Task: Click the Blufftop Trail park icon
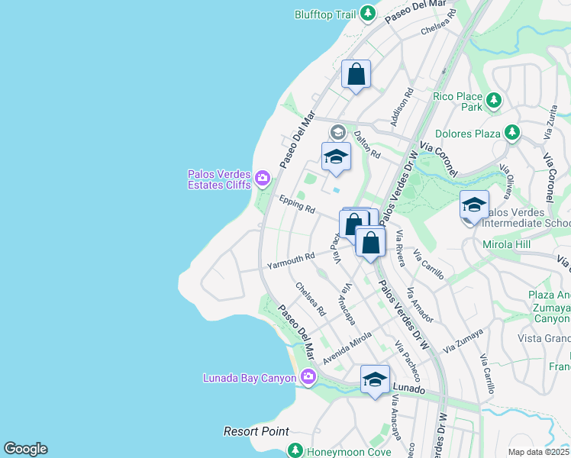click(x=368, y=14)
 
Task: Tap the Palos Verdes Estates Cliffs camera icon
click(x=263, y=179)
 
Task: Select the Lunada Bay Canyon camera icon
click(x=308, y=376)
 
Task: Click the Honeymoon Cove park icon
click(x=295, y=451)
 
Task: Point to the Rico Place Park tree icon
click(x=494, y=99)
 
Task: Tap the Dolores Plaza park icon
click(x=513, y=134)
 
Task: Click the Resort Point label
click(x=256, y=431)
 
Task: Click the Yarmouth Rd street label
click(x=290, y=261)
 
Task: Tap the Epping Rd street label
click(x=297, y=204)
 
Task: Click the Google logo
click(x=25, y=449)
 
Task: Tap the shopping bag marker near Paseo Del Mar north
click(x=356, y=75)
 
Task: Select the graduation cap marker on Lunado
click(x=375, y=379)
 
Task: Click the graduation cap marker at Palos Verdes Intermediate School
click(x=474, y=205)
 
